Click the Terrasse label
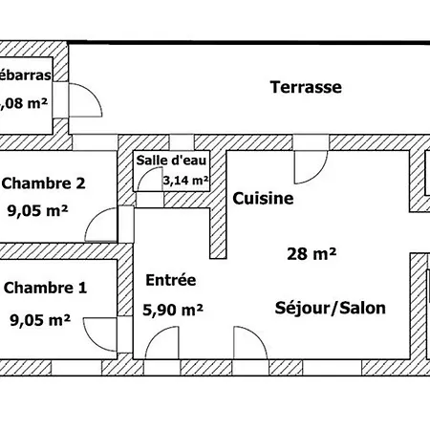pos(306,87)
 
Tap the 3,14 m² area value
pos(184,179)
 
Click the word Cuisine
pos(263,199)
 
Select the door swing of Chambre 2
pos(100,227)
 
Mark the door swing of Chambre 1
pos(100,334)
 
